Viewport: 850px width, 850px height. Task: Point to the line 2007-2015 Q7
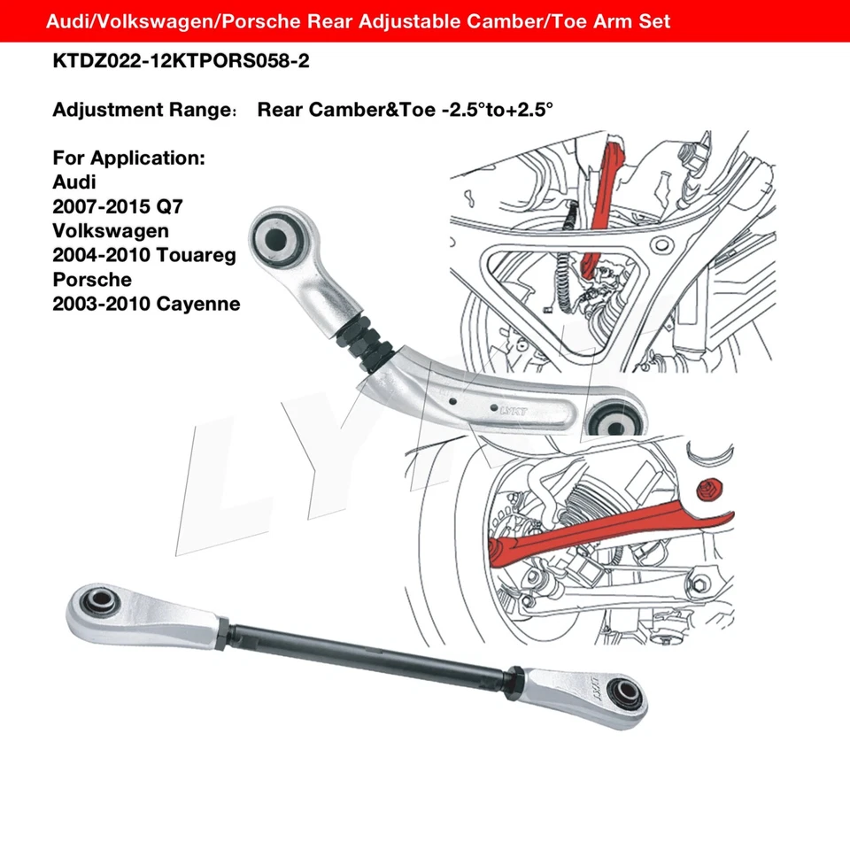click(x=121, y=207)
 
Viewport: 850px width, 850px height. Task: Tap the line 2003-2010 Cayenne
click(x=146, y=305)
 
